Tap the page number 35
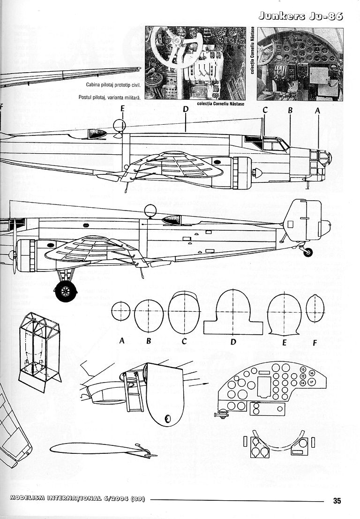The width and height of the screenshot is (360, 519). point(337,500)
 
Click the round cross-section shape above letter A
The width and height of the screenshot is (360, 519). point(121,312)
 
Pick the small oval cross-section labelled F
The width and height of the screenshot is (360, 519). point(315,311)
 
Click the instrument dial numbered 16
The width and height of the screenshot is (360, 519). point(312,373)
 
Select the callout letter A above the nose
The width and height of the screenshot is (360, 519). point(317,111)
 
